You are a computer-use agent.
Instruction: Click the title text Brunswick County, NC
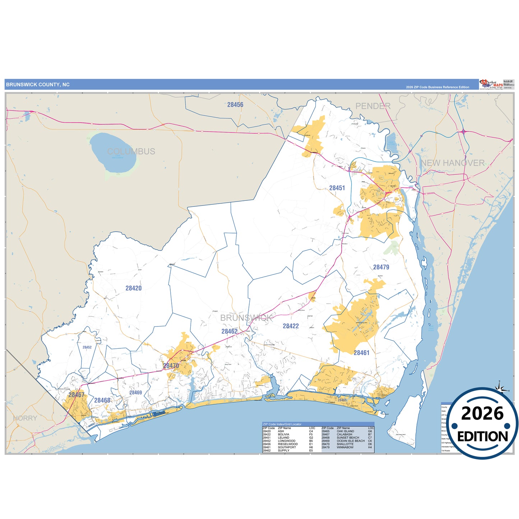pos(38,85)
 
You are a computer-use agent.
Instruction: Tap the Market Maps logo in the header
pos(491,84)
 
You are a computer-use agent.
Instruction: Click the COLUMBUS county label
pos(131,152)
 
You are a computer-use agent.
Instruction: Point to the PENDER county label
pos(373,106)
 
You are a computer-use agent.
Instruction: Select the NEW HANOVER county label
pos(453,163)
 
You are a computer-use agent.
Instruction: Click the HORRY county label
pos(25,418)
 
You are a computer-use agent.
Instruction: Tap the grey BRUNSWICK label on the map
pos(246,318)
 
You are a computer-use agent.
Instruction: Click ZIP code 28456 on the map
pos(235,105)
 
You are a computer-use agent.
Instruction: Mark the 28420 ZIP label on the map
pos(134,288)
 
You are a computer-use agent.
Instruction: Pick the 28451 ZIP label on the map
pos(337,188)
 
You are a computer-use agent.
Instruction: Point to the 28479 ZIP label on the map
pos(381,267)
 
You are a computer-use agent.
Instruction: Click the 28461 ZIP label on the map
pos(361,353)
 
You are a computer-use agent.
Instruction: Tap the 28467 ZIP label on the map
pos(77,395)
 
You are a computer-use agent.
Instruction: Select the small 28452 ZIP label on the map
pos(87,347)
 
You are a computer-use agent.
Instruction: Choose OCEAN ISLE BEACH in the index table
pos(351,441)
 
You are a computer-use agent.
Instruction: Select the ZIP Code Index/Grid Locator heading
pos(282,424)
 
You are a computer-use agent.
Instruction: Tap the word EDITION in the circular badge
pos(482,436)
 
